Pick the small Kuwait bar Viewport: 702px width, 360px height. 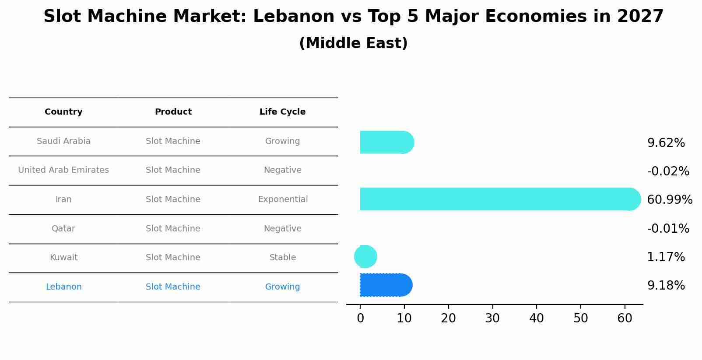pos(365,257)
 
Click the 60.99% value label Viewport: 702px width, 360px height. pos(669,200)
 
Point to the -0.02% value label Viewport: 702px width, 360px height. pos(668,171)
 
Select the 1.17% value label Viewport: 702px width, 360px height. pos(666,257)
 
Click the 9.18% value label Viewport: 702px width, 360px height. pos(666,286)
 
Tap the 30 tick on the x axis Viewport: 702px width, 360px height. pos(492,318)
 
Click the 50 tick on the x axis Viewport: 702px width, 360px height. pos(581,318)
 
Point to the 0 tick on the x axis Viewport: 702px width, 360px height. pos(360,318)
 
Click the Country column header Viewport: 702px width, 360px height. pos(63,112)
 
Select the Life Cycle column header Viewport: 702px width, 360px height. pos(282,112)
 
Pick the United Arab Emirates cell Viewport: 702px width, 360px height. pos(63,170)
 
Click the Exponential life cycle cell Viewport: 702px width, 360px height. pos(283,199)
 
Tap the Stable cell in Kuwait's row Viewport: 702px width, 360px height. pos(283,258)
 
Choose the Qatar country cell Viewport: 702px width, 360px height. pos(63,229)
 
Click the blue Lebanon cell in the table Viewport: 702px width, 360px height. pos(63,287)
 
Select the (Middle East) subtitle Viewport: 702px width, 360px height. pos(353,43)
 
